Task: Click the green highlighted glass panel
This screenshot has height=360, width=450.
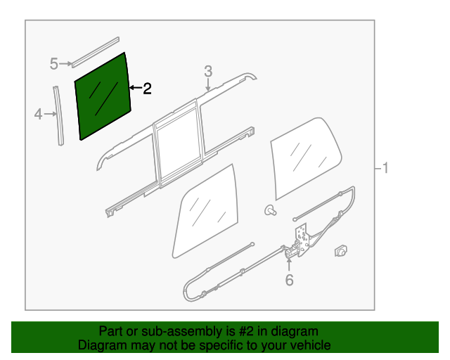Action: pyautogui.click(x=103, y=96)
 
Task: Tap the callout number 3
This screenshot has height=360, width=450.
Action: pyautogui.click(x=208, y=71)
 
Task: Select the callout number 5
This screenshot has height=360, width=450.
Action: pyautogui.click(x=54, y=65)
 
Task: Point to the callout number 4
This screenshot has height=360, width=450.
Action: pyautogui.click(x=39, y=112)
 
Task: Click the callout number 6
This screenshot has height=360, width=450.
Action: pyautogui.click(x=288, y=281)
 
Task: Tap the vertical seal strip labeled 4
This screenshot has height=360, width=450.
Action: pyautogui.click(x=58, y=116)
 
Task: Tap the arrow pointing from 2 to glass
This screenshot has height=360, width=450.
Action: pyautogui.click(x=135, y=88)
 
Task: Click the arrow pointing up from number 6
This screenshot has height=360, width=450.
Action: pyautogui.click(x=288, y=264)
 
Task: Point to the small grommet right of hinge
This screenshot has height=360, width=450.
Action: pyautogui.click(x=341, y=249)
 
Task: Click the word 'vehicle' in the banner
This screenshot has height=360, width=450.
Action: pyautogui.click(x=310, y=345)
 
